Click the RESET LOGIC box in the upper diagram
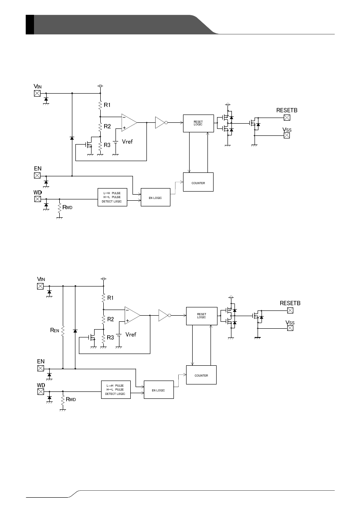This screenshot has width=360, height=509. [198, 124]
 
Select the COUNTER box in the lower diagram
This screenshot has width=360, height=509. [201, 375]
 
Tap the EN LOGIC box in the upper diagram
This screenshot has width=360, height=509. [155, 198]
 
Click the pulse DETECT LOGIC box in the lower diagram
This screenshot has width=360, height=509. [115, 389]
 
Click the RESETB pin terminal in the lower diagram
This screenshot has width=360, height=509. [290, 310]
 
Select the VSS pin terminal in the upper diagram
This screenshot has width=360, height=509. [286, 136]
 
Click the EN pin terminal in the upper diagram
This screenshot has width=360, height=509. [37, 175]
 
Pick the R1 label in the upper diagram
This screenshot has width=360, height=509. [107, 105]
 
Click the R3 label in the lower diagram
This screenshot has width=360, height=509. [111, 337]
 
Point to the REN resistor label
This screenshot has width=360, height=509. [55, 331]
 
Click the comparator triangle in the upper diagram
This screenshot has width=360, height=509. [129, 122]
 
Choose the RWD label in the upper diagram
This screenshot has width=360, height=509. [67, 208]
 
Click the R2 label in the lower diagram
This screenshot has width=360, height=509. [111, 319]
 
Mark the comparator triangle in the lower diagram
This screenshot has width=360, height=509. [132, 315]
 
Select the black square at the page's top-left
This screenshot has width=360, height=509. [30, 24]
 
